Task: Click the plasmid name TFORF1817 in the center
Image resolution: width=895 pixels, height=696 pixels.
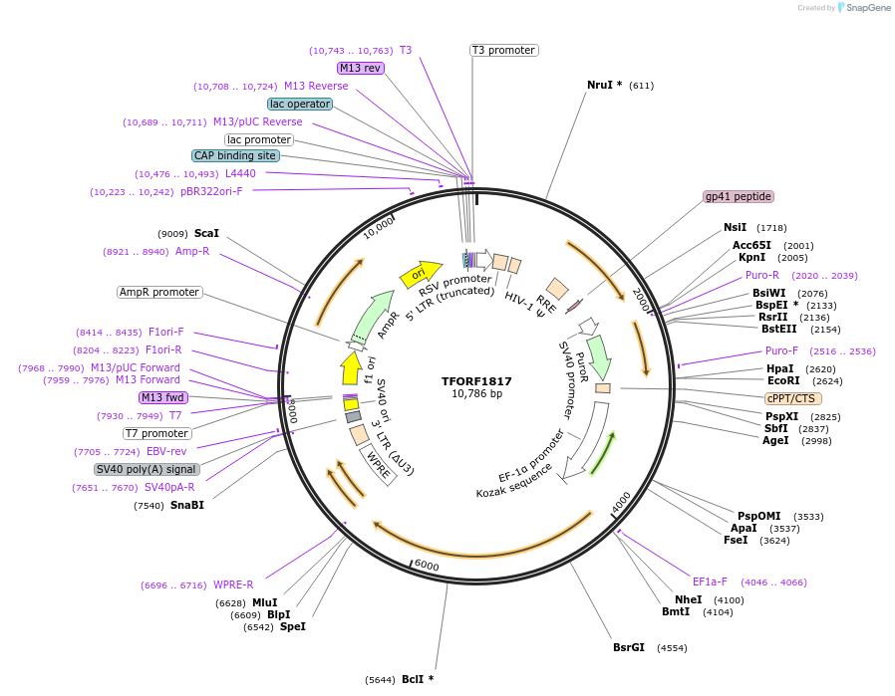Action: (x=476, y=380)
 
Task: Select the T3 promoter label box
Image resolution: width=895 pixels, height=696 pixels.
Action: (x=503, y=50)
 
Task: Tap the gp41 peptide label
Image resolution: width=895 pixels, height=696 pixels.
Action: (x=738, y=196)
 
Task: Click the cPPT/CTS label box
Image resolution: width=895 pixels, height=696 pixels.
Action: (x=793, y=398)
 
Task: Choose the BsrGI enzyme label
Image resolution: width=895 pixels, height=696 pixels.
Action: (x=628, y=647)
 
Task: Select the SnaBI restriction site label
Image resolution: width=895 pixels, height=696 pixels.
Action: (x=187, y=505)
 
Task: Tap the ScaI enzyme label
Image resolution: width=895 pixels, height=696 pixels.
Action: (x=206, y=233)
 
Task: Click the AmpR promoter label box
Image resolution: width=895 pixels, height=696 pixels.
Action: (x=159, y=292)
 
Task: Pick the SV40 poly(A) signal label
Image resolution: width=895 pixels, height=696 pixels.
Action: (x=147, y=469)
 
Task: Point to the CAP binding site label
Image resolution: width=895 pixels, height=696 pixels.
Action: (x=235, y=155)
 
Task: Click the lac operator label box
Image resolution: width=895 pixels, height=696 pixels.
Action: (x=299, y=104)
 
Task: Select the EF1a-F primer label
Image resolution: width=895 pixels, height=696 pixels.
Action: (x=710, y=581)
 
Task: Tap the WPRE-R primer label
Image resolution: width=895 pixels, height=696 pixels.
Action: (x=233, y=584)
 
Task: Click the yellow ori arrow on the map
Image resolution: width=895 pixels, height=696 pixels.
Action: (x=420, y=273)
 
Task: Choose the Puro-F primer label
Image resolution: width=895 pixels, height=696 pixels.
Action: (x=781, y=350)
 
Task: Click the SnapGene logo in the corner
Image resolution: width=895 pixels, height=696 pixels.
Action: (x=862, y=8)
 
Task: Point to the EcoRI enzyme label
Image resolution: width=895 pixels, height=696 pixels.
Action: (x=783, y=380)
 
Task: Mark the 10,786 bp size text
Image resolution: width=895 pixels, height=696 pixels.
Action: (x=476, y=394)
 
